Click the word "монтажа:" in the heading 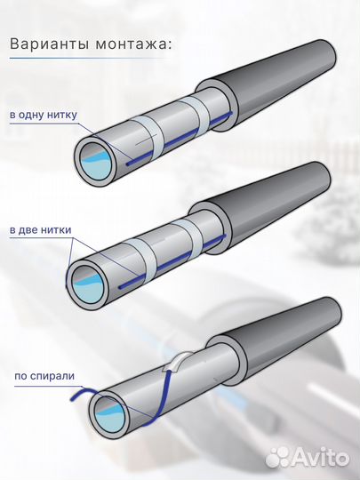pyautogui.click(x=132, y=44)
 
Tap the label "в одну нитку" pyautogui.click(x=44, y=115)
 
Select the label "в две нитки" pyautogui.click(x=40, y=230)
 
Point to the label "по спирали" pyautogui.click(x=44, y=376)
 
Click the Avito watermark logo pyautogui.click(x=307, y=458)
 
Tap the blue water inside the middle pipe pyautogui.click(x=90, y=289)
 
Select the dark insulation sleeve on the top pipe pyautogui.click(x=269, y=84)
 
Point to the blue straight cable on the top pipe pyautogui.click(x=179, y=139)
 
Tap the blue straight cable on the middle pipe pyautogui.click(x=172, y=261)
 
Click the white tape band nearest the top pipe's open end pyautogui.click(x=147, y=136)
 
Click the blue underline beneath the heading pyautogui.click(x=89, y=58)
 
